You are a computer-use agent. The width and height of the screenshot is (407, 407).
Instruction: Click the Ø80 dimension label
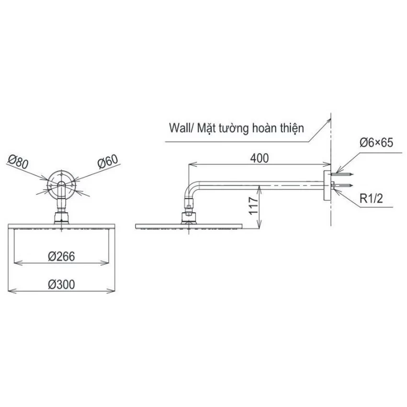(x=18, y=162)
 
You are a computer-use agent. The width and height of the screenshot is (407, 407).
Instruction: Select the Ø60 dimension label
(x=107, y=161)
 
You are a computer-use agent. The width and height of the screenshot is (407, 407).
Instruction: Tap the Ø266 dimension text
(x=61, y=257)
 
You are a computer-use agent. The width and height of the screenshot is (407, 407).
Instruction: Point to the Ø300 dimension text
(x=61, y=284)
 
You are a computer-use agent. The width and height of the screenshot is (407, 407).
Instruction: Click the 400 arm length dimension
(x=260, y=158)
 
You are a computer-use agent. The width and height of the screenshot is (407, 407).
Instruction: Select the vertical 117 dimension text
(x=253, y=205)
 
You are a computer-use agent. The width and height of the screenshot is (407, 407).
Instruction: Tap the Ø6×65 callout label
(x=376, y=143)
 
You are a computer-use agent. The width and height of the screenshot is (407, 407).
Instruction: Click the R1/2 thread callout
(x=371, y=199)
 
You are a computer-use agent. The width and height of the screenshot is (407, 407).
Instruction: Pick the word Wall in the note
(x=179, y=128)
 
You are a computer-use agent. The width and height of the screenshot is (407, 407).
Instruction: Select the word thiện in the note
(x=292, y=128)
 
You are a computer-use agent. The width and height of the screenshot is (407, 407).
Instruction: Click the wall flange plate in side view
(x=327, y=185)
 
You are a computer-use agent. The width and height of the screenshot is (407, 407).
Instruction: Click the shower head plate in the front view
(x=61, y=226)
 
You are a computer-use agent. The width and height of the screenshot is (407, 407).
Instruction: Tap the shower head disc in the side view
(x=189, y=226)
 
